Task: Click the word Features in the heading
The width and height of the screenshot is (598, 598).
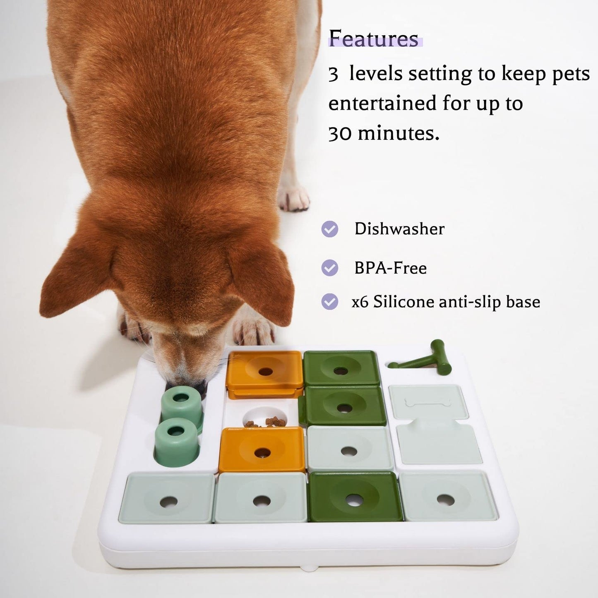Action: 374,40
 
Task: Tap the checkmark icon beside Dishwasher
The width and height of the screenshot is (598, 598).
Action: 330,229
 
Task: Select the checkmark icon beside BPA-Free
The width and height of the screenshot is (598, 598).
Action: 330,268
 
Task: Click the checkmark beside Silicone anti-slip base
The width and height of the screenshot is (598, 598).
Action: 330,302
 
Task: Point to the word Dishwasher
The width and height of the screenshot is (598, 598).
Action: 399,229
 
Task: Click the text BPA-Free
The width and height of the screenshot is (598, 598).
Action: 390,268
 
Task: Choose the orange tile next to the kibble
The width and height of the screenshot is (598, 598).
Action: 262,449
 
